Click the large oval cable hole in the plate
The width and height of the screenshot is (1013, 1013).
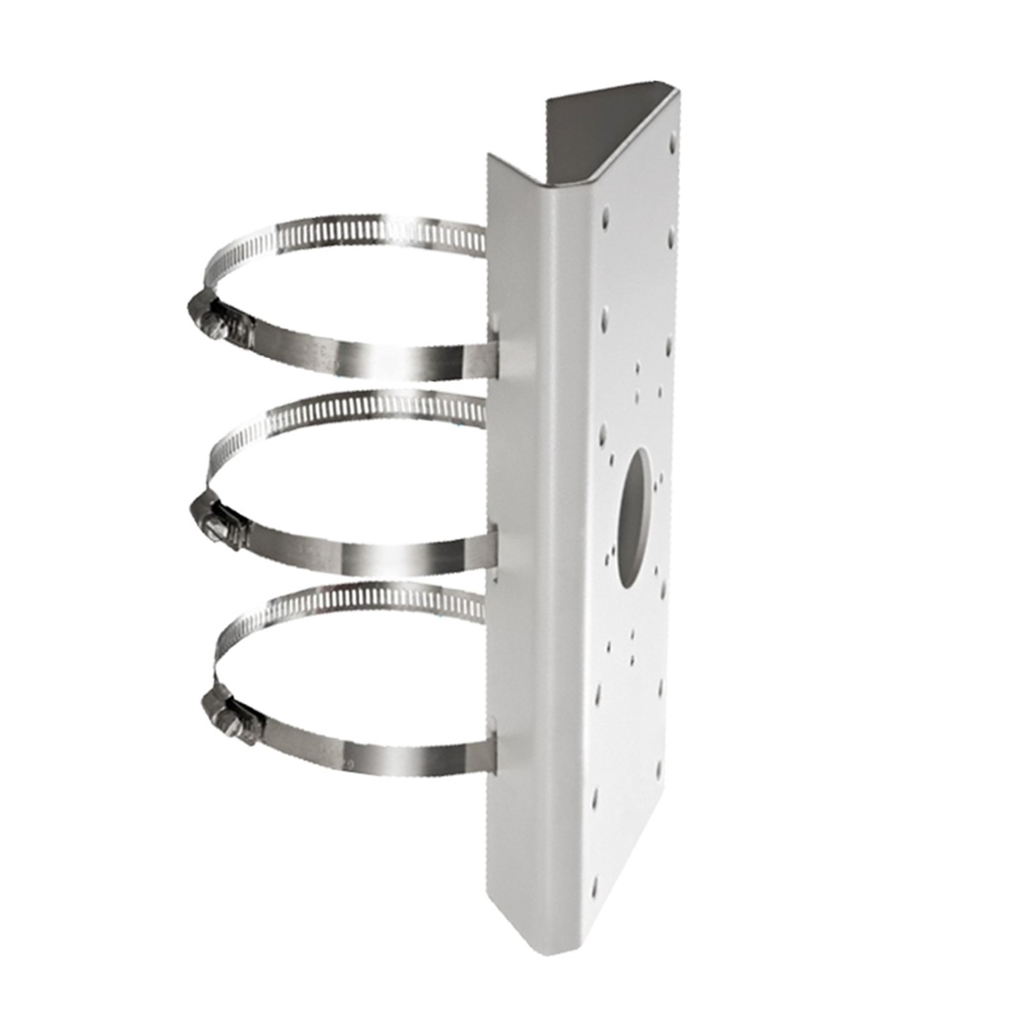[635, 510]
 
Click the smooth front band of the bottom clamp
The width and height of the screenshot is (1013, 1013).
[386, 757]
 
